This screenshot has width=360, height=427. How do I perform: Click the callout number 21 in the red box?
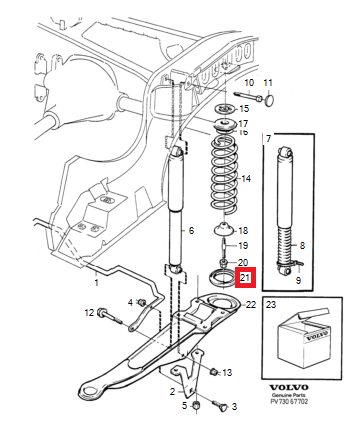click(245, 277)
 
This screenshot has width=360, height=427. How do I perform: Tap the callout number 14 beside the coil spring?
click(246, 179)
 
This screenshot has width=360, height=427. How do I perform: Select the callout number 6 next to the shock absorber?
click(191, 230)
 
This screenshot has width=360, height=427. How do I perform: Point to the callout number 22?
click(251, 304)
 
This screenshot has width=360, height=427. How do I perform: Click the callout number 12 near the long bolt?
click(89, 313)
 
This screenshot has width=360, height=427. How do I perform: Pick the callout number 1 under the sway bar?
click(96, 283)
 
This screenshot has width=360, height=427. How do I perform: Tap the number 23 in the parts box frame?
click(271, 304)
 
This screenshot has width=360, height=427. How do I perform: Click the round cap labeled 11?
click(270, 100)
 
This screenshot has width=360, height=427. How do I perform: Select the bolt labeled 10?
click(249, 96)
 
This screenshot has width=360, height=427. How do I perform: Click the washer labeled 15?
click(225, 109)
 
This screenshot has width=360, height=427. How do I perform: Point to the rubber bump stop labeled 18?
click(224, 229)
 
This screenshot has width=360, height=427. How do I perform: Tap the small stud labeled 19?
click(224, 246)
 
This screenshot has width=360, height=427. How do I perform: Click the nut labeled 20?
click(224, 263)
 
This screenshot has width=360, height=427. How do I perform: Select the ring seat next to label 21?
click(219, 277)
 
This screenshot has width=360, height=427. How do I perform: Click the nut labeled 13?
click(214, 371)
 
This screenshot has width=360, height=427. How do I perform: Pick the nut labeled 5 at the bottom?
click(197, 406)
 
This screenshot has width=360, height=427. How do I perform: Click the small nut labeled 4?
click(142, 302)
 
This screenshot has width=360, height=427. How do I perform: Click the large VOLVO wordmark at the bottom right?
click(289, 388)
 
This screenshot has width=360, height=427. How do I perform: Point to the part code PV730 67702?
click(289, 401)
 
